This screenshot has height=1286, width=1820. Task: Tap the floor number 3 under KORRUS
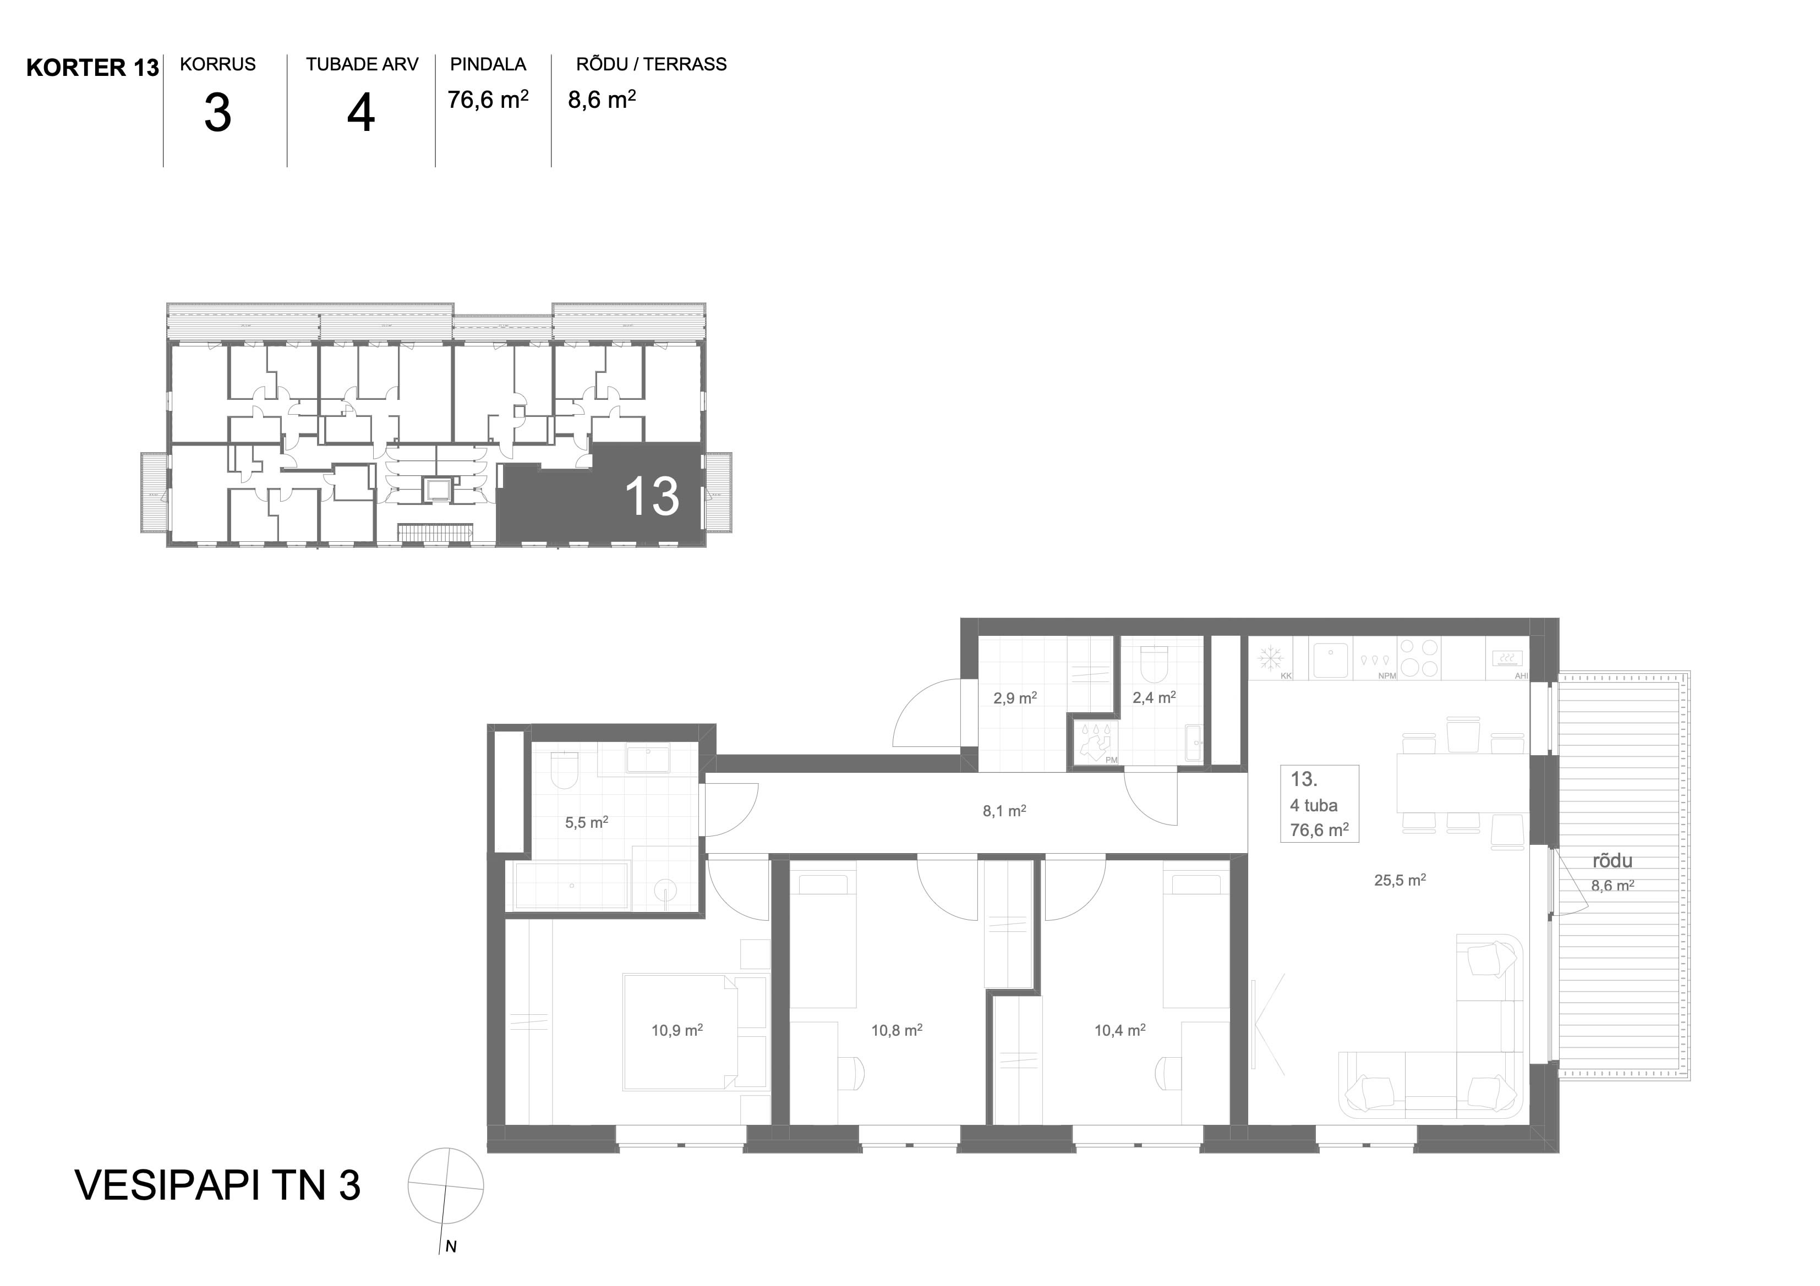pos(217,113)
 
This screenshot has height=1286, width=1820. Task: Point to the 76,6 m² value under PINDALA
pos(488,99)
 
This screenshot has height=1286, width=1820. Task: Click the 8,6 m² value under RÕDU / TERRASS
pos(602,99)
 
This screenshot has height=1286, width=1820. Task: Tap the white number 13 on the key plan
pos(652,497)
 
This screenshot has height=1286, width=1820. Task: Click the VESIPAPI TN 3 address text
pos(217,1185)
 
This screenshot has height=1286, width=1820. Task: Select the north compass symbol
pos(445,1186)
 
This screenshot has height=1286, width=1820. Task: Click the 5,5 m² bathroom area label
pos(587,822)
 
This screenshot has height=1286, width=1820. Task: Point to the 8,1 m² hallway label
pos(1004,811)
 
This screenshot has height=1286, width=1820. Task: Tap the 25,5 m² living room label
pos(1400,880)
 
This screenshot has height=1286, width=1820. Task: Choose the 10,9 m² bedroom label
pos(677,1030)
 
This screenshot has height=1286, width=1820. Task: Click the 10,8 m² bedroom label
pos(897,1030)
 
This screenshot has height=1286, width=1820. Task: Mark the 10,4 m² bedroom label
pos(1119,1030)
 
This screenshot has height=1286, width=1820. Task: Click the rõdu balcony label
pos(1613,860)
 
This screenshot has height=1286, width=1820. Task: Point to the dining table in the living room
pos(1462,783)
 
